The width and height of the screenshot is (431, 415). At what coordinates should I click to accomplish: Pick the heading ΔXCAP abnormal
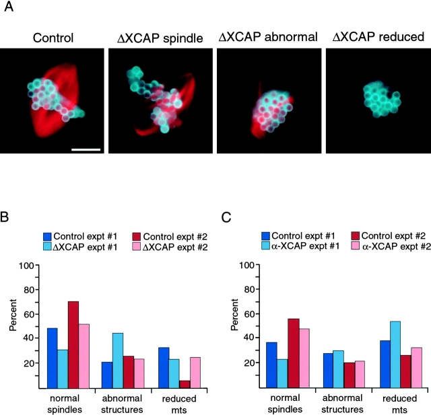268,37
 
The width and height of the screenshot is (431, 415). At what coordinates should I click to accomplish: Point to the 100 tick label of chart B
26,265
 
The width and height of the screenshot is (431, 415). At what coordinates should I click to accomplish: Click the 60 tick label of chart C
248,314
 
